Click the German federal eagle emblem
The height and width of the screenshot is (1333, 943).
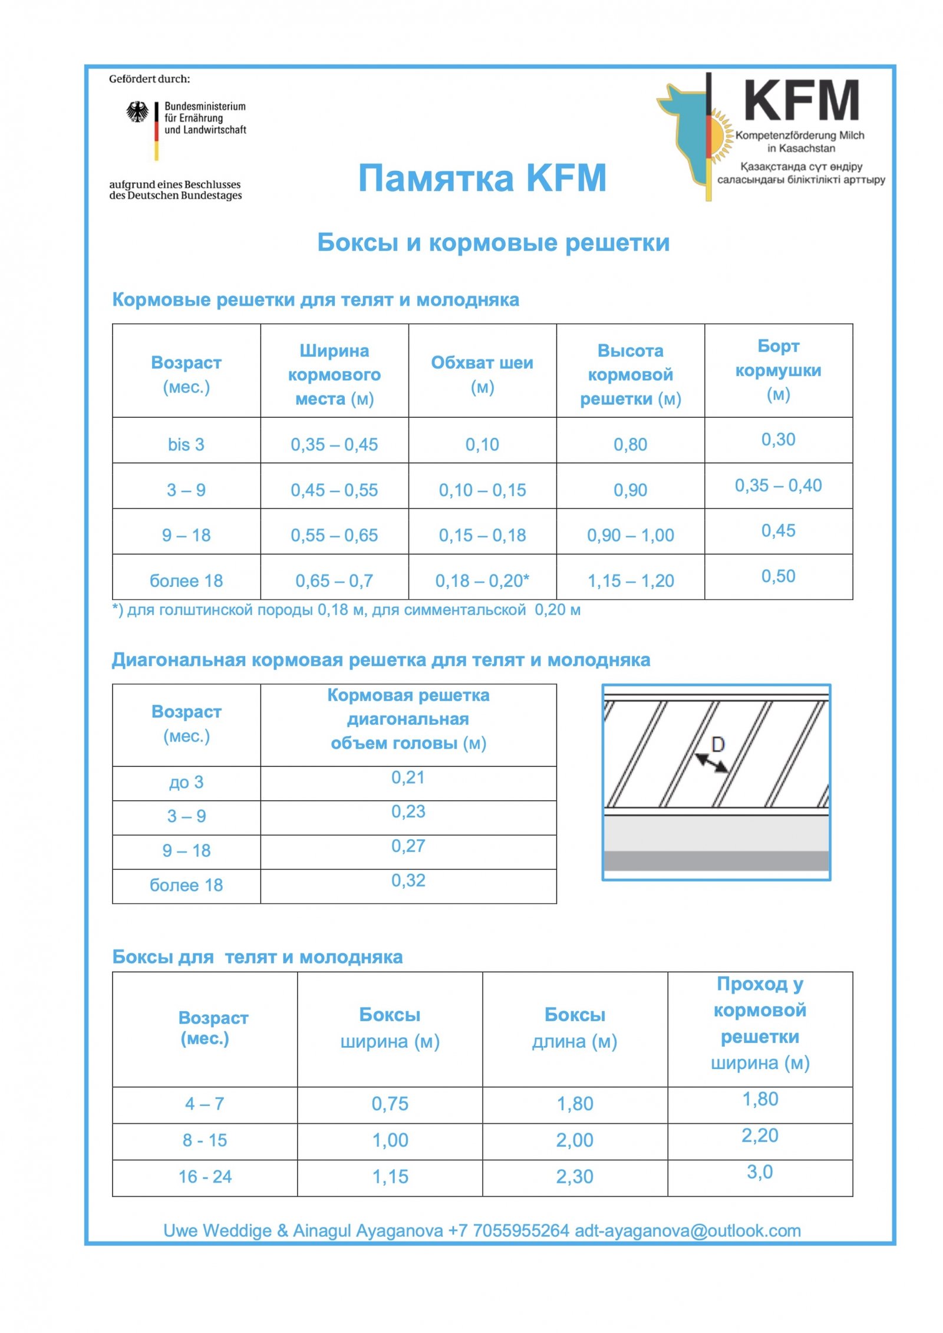coord(137,112)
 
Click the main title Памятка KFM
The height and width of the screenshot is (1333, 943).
coord(482,178)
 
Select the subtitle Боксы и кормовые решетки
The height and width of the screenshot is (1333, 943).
coord(493,242)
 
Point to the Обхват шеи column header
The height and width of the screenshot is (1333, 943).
coord(482,374)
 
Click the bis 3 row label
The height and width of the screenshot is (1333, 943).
coord(186,444)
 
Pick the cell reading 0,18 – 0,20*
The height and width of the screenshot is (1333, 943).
coord(482,581)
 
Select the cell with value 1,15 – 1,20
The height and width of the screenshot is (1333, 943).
coord(630,581)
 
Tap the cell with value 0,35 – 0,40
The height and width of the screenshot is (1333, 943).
coord(778,486)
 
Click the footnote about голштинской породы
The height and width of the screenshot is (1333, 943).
coord(347,610)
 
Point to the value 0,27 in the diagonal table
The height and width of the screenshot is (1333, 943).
coord(408,846)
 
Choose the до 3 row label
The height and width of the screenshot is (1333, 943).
coord(186,783)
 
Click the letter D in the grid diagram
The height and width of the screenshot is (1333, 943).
coord(718,745)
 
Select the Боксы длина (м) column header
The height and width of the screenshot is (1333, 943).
coord(575,1028)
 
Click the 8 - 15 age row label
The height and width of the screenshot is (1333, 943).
coord(205,1140)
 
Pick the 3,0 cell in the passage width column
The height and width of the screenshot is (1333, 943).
coord(760,1172)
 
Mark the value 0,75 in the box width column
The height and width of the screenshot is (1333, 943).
coord(390,1104)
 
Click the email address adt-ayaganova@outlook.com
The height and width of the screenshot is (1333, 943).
coord(688,1230)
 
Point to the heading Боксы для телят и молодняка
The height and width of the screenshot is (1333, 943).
coord(258,957)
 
